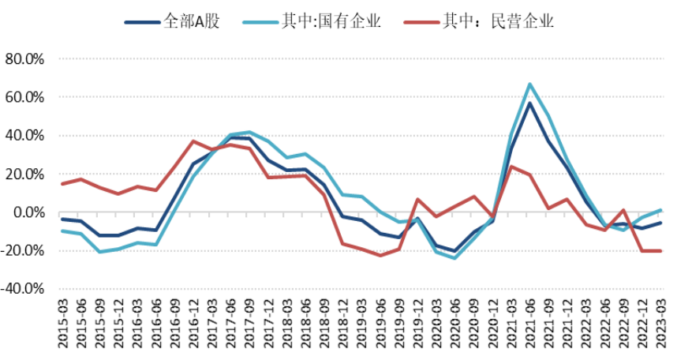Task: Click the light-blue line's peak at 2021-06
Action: click(x=530, y=84)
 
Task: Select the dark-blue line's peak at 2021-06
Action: click(x=530, y=103)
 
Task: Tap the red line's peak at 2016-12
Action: click(x=193, y=141)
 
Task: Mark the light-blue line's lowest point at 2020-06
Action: click(x=455, y=258)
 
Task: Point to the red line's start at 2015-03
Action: click(x=62, y=184)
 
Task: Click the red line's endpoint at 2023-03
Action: click(x=660, y=251)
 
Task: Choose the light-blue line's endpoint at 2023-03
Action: click(x=660, y=210)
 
